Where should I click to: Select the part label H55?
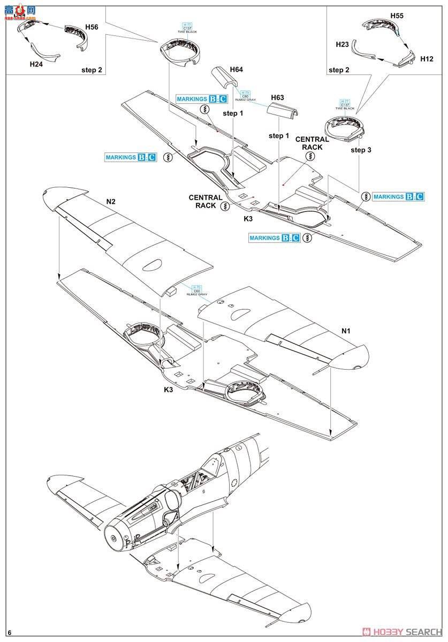[x=397, y=16]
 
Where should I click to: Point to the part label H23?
[x=343, y=44]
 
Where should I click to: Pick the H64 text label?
[x=236, y=70]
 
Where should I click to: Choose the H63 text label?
[x=277, y=97]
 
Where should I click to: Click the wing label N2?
[x=111, y=202]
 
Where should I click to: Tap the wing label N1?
[x=346, y=331]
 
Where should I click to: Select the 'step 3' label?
[x=361, y=150]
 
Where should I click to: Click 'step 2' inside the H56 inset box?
[x=92, y=70]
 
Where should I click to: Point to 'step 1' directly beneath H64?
[x=233, y=113]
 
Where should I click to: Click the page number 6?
[x=10, y=633]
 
